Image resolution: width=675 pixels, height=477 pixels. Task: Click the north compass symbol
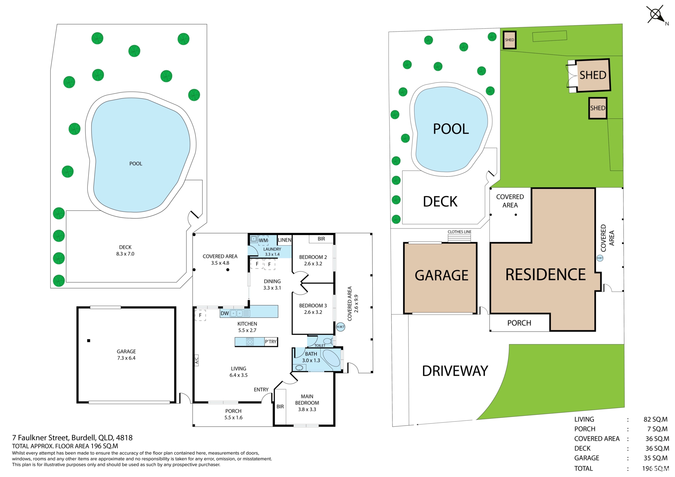coord(656,15)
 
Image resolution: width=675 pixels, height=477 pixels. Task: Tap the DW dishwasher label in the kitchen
coord(225,313)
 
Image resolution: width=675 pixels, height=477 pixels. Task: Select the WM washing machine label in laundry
coord(263,240)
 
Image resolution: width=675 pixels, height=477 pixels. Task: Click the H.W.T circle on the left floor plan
coord(340,327)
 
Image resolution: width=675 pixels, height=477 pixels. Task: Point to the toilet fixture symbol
coord(328,341)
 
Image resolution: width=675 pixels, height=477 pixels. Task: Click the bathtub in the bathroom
coord(331,359)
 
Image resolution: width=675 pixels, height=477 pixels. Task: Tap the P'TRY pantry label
coord(271,342)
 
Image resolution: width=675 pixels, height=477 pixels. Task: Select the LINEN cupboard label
coord(284,240)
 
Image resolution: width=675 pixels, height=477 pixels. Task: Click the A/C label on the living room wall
coord(197,360)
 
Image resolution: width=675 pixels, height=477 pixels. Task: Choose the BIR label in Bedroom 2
coord(321,239)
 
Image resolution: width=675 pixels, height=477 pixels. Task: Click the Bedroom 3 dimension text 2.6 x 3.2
coord(313,312)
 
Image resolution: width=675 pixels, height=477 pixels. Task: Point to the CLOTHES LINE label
coord(459,232)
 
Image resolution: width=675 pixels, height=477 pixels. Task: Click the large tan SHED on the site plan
coord(593,75)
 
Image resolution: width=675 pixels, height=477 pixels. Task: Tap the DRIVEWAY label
coord(455,371)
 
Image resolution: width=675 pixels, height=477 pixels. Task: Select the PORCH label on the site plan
coord(519,323)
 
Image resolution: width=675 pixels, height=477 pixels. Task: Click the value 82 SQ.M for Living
coord(655,419)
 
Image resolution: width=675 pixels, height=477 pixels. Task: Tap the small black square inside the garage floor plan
coord(89,341)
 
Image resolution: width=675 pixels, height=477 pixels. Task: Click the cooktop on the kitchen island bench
coord(250,342)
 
